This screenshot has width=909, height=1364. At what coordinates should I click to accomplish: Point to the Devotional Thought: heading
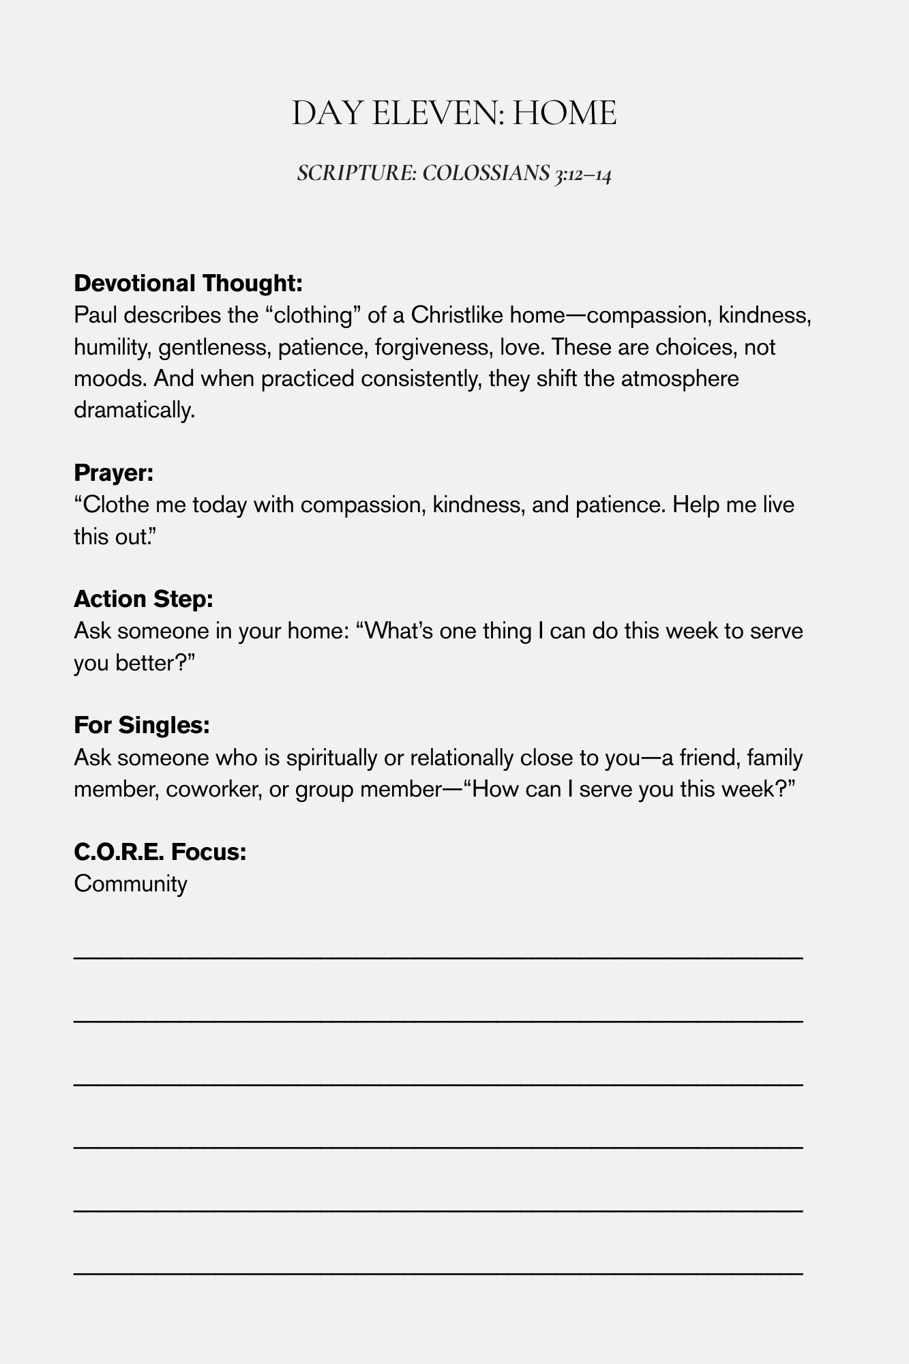click(x=188, y=282)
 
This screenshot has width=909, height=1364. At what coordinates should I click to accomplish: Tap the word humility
click(x=113, y=347)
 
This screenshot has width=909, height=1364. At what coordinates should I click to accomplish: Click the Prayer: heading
click(x=113, y=473)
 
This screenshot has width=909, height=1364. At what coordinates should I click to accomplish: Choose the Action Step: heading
click(x=144, y=599)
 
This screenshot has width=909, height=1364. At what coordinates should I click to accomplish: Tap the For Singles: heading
click(x=141, y=725)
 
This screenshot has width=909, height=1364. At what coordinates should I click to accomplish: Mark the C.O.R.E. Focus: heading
click(x=160, y=852)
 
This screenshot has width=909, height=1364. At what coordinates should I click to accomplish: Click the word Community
click(x=130, y=884)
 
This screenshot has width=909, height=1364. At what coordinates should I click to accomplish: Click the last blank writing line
click(x=438, y=1273)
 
